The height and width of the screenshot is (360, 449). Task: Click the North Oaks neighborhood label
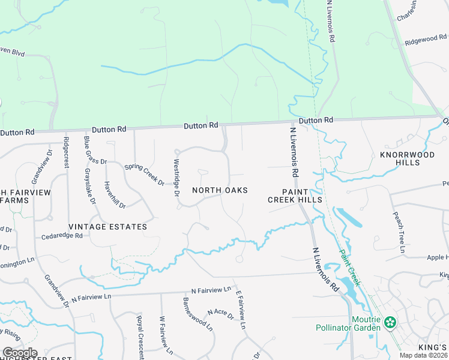pos(220,190)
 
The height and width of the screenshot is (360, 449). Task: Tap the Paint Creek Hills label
pos(295,195)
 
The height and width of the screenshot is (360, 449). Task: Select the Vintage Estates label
pos(108,227)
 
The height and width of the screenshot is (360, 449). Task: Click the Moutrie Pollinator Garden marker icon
pos(390,323)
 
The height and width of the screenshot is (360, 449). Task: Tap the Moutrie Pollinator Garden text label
pos(349,323)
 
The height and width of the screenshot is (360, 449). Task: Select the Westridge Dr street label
pos(176,178)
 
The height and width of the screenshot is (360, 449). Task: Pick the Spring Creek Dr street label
pos(144,174)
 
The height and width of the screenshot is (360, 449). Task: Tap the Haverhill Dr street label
pos(115,194)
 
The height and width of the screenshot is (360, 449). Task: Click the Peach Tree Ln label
pos(400,231)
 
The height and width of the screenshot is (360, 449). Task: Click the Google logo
pos(20,353)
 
